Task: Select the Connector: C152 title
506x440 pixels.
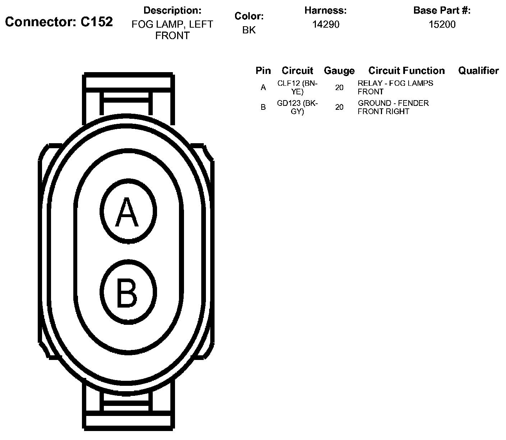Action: coord(59,22)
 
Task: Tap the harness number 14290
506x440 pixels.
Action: coord(326,24)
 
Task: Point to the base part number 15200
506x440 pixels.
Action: coord(442,24)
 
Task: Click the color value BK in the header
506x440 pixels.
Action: coord(249,30)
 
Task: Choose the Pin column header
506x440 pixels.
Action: coord(263,71)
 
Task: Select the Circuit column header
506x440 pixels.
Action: coord(297,71)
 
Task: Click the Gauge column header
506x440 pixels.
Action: coord(339,71)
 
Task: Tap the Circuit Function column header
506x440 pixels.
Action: coord(406,71)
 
